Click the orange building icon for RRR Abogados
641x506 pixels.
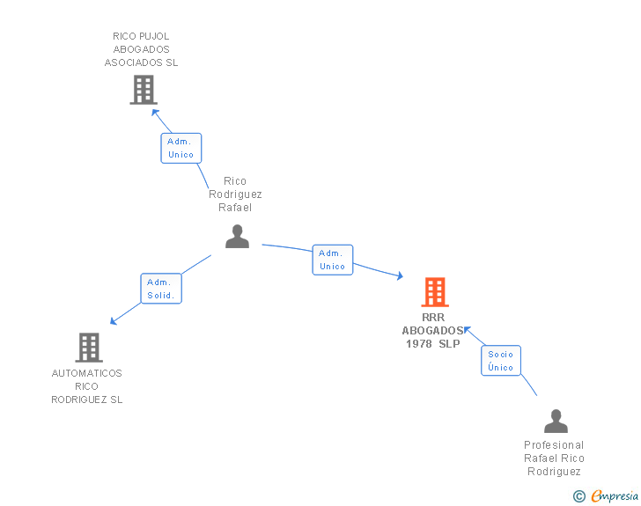435,292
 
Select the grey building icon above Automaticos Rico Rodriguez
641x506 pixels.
89,348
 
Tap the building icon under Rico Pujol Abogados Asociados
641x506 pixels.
144,90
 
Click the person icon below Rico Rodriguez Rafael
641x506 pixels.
237,236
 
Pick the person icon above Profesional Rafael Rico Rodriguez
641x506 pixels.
556,421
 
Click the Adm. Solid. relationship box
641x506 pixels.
161,289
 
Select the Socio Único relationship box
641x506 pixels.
501,361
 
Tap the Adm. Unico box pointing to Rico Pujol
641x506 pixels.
181,148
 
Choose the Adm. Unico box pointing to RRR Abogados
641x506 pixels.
332,260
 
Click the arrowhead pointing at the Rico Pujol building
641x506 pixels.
155,113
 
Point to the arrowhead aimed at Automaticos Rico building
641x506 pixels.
114,321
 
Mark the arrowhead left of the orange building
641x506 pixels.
400,276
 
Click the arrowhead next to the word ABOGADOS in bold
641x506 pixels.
468,330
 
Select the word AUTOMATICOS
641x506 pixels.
86,373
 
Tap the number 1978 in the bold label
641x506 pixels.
419,344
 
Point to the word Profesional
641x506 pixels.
554,445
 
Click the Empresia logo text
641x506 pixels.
615,496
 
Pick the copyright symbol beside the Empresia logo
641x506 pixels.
579,496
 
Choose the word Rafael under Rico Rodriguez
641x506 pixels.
235,208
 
